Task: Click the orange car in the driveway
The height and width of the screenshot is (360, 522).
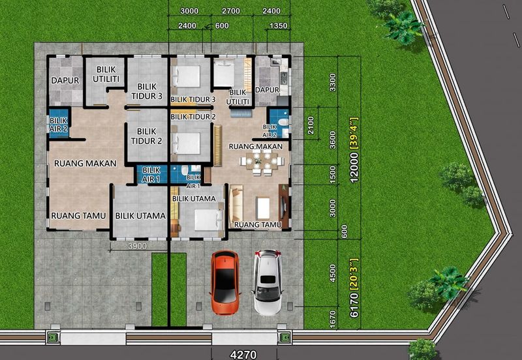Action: (224, 282)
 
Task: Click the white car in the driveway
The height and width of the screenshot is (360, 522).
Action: (268, 282)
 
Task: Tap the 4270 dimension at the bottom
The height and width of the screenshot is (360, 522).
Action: (243, 355)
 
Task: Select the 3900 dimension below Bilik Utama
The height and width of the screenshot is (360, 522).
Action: (138, 247)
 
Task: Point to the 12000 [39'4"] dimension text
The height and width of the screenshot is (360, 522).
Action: (354, 149)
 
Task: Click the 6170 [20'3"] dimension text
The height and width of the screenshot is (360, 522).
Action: (354, 288)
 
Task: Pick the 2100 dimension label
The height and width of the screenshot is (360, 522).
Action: (311, 125)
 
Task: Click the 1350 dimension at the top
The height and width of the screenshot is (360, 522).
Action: (279, 25)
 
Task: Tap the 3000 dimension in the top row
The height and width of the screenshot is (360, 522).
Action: (189, 11)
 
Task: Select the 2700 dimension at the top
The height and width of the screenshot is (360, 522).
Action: (231, 11)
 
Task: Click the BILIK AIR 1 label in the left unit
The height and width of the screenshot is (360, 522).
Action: (151, 175)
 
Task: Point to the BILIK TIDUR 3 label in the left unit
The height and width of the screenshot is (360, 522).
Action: (146, 91)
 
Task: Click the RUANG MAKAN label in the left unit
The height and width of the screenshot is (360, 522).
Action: (85, 163)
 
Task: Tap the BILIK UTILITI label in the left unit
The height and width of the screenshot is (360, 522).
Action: (106, 74)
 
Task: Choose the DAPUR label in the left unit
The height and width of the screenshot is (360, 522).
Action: (65, 80)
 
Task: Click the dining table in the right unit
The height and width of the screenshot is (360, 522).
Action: (262, 162)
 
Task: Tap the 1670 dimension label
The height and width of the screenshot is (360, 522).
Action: (333, 320)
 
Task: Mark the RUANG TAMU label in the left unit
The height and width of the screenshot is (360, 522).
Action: (78, 216)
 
